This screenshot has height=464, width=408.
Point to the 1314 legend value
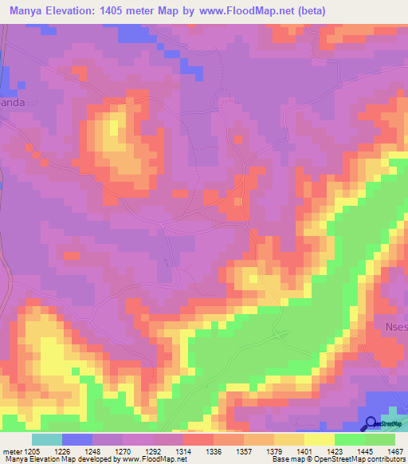182,450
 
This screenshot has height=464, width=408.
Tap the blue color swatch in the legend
76,439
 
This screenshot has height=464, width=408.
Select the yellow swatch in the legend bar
319,439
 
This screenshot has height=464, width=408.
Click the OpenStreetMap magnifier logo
371,423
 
